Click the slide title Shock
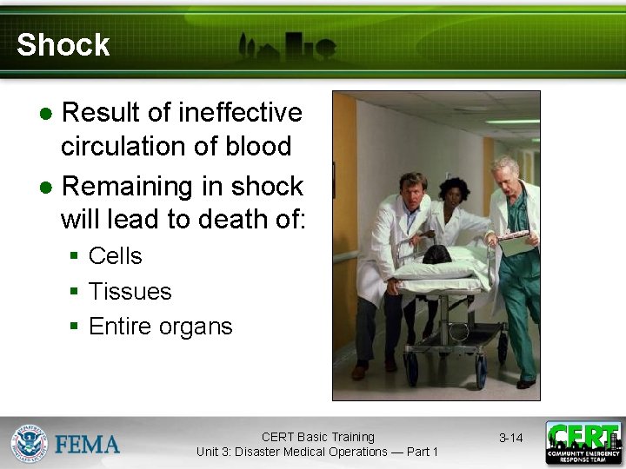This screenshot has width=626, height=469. (63, 45)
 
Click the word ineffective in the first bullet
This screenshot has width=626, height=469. (240, 113)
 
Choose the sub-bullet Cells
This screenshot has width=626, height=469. (115, 256)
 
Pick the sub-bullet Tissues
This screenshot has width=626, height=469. (130, 292)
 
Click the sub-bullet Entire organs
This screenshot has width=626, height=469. (160, 327)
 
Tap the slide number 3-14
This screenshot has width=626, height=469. (510, 438)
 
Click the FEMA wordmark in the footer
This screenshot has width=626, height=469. (88, 445)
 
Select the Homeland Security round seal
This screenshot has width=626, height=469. (29, 443)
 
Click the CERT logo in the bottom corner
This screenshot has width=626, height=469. (583, 443)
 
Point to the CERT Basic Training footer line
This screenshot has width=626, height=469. (317, 437)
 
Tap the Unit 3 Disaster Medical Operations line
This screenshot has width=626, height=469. (317, 452)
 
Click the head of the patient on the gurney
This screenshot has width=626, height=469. (436, 254)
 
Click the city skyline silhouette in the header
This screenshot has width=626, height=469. (287, 48)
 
